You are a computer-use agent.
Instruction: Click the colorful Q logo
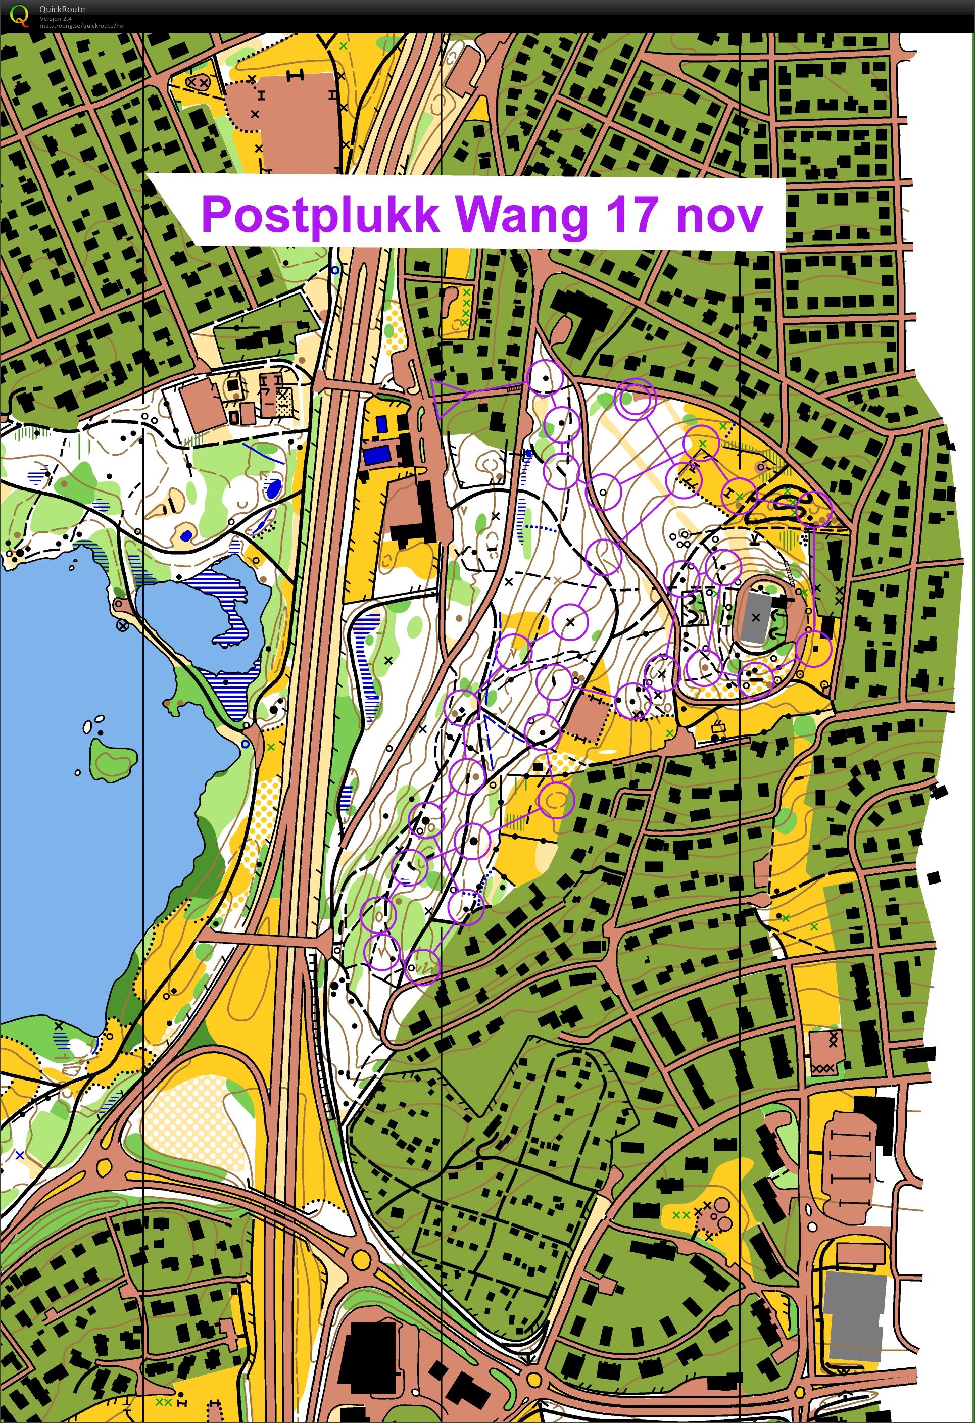(x=20, y=15)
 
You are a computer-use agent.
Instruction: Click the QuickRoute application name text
(x=62, y=9)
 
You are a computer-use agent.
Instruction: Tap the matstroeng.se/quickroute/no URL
(x=81, y=26)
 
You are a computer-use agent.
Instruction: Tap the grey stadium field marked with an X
(x=755, y=618)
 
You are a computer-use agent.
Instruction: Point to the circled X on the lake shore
(x=122, y=626)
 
